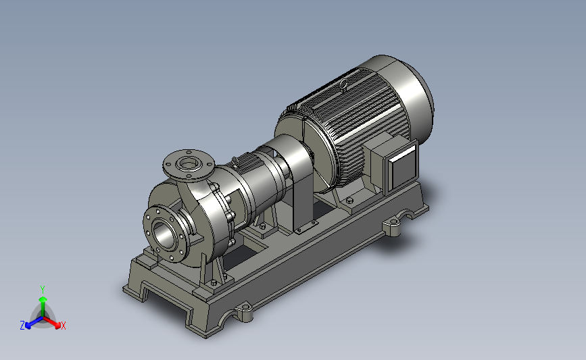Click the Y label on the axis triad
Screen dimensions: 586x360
(x=42, y=290)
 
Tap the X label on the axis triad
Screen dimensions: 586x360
(x=63, y=326)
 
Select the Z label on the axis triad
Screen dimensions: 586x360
(x=22, y=326)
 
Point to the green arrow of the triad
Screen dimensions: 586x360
(x=43, y=306)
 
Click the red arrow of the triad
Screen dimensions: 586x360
(x=52, y=322)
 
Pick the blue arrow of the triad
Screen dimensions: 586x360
(x=34, y=323)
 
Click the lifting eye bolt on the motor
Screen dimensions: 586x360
(x=343, y=85)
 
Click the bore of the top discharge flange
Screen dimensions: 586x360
(x=188, y=163)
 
